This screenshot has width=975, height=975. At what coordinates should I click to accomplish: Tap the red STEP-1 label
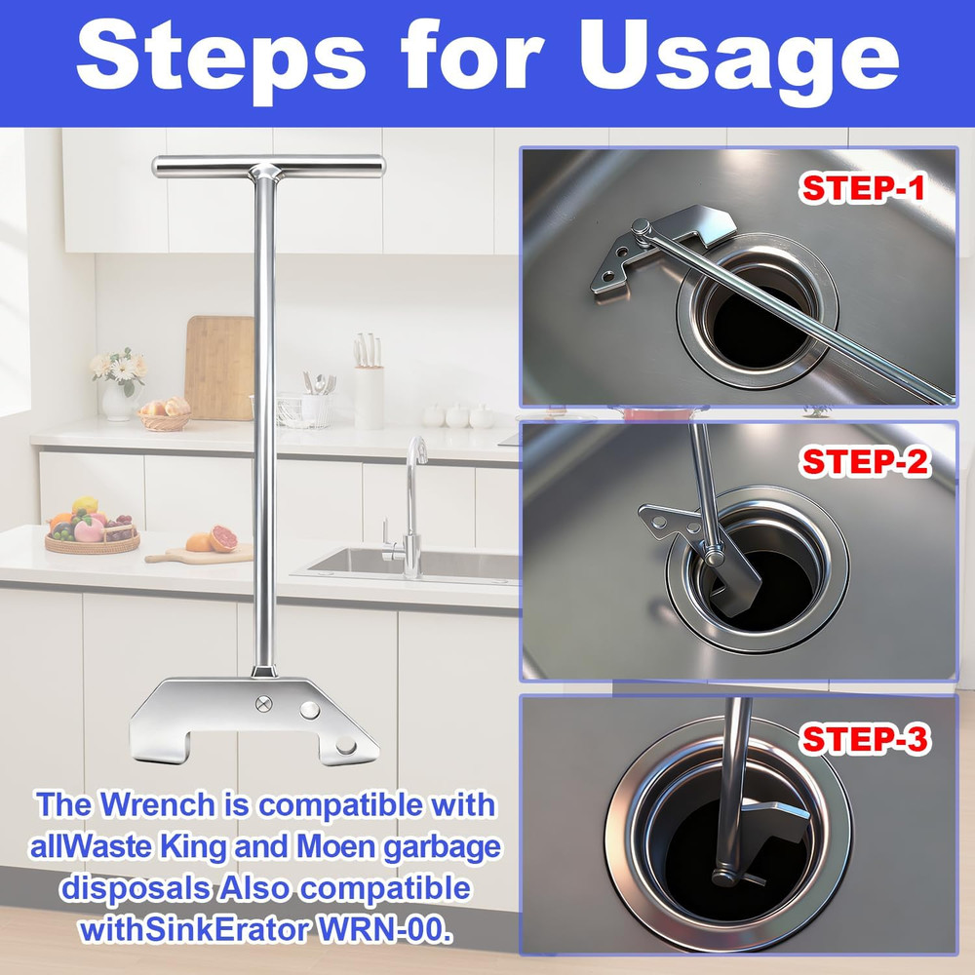click(x=862, y=188)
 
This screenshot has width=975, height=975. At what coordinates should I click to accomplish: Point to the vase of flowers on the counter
click(x=118, y=384)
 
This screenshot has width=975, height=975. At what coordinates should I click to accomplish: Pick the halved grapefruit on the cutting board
click(x=223, y=539)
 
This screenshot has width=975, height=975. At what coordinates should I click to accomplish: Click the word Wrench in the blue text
click(x=171, y=806)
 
